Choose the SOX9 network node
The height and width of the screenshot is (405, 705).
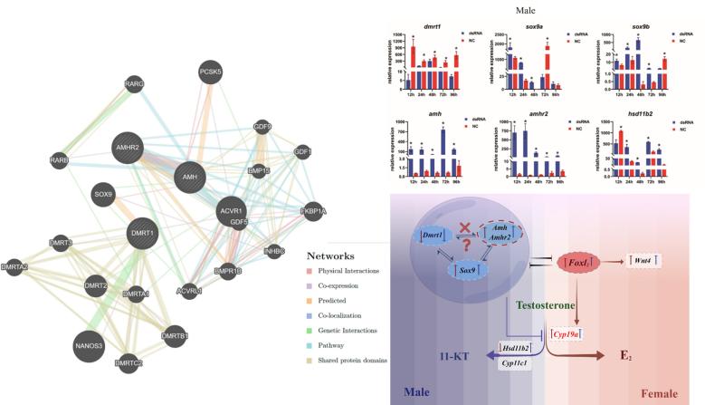click(x=102, y=193)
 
